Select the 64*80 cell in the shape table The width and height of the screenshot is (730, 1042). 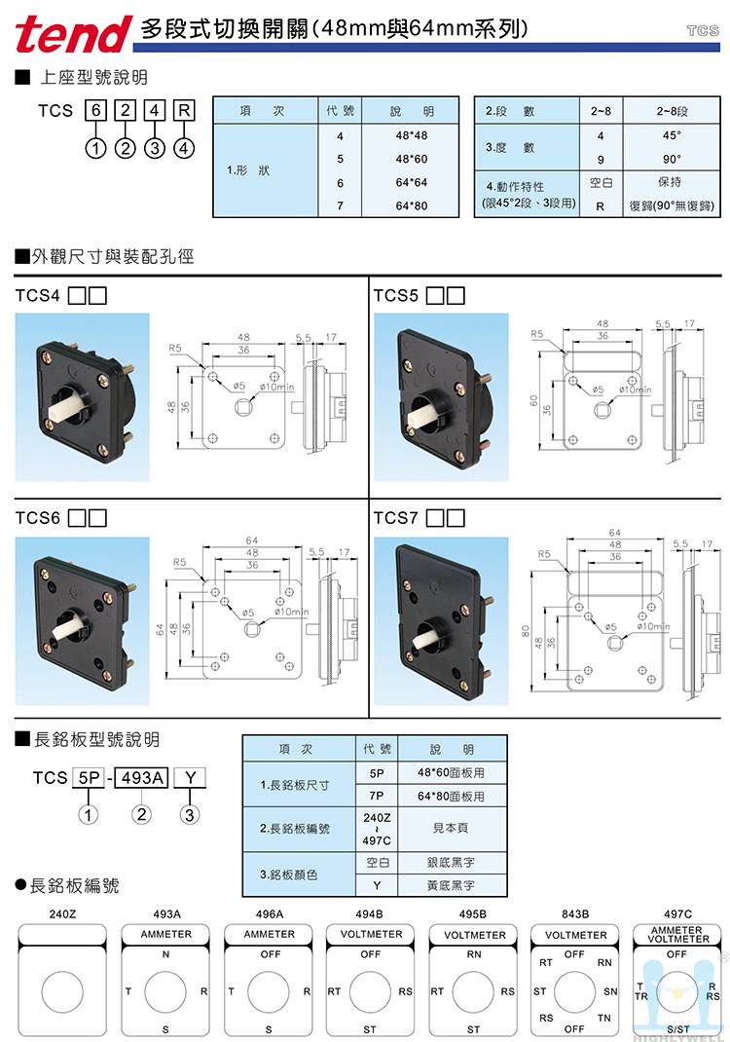pos(412,205)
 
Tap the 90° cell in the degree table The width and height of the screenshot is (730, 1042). pos(672,159)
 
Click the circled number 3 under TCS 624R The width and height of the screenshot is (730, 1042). pos(155,149)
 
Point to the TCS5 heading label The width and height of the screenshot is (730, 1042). pos(396,294)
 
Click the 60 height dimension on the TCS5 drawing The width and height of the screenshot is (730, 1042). pos(534,398)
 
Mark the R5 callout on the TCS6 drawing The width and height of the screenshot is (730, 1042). pos(179,562)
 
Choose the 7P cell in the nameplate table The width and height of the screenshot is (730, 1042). pos(377,797)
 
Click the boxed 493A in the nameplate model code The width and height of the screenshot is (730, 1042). pos(142,777)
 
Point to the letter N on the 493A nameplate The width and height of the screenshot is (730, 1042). pos(166,954)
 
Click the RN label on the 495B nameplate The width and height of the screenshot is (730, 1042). pos(474,954)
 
